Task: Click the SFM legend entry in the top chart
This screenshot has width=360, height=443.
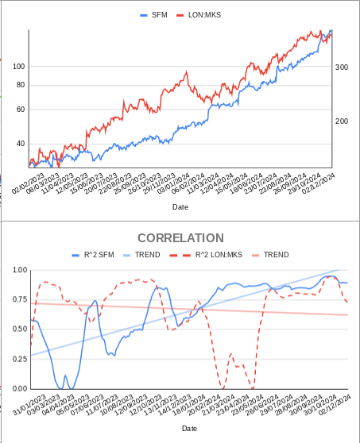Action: tap(154, 15)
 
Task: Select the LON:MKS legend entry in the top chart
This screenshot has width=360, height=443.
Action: tap(199, 15)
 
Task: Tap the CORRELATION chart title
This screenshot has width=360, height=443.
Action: tap(180, 238)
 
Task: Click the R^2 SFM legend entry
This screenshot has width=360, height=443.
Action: tap(93, 255)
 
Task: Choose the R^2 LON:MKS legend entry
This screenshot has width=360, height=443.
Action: tap(206, 255)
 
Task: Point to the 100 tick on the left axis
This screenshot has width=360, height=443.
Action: tap(18, 67)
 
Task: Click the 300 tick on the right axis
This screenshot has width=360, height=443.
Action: tap(342, 67)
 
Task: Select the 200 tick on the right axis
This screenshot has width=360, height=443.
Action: tap(342, 121)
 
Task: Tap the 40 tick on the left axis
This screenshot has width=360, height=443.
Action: tap(21, 144)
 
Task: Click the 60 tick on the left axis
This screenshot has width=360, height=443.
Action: tap(21, 110)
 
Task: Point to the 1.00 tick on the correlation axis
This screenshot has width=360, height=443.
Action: tap(20, 270)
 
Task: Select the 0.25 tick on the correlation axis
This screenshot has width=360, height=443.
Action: tap(20, 359)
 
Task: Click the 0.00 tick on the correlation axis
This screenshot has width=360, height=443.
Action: tap(20, 389)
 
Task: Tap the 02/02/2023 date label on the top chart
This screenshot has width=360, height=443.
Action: tap(28, 183)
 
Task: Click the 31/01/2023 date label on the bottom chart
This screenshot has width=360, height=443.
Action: tap(29, 405)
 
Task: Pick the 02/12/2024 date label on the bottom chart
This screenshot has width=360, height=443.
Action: tap(335, 405)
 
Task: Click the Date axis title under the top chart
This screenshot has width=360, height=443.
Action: tap(180, 207)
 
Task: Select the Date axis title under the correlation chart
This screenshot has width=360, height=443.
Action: tap(189, 429)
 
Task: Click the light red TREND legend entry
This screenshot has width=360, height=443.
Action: tap(270, 255)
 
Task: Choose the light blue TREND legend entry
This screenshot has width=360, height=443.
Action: tap(141, 255)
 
